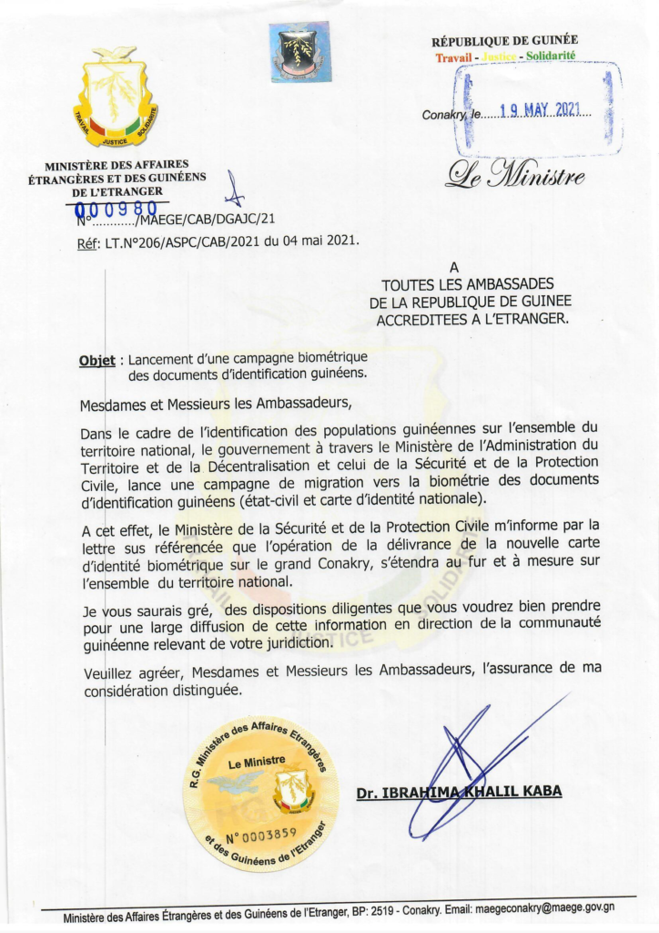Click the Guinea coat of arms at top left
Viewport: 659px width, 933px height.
tap(116, 98)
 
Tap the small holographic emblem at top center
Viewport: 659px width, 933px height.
tap(299, 52)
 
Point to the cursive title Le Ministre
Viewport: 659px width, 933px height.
tap(514, 173)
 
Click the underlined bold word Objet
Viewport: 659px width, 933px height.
tap(97, 360)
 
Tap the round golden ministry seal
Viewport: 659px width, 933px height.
tap(260, 793)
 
